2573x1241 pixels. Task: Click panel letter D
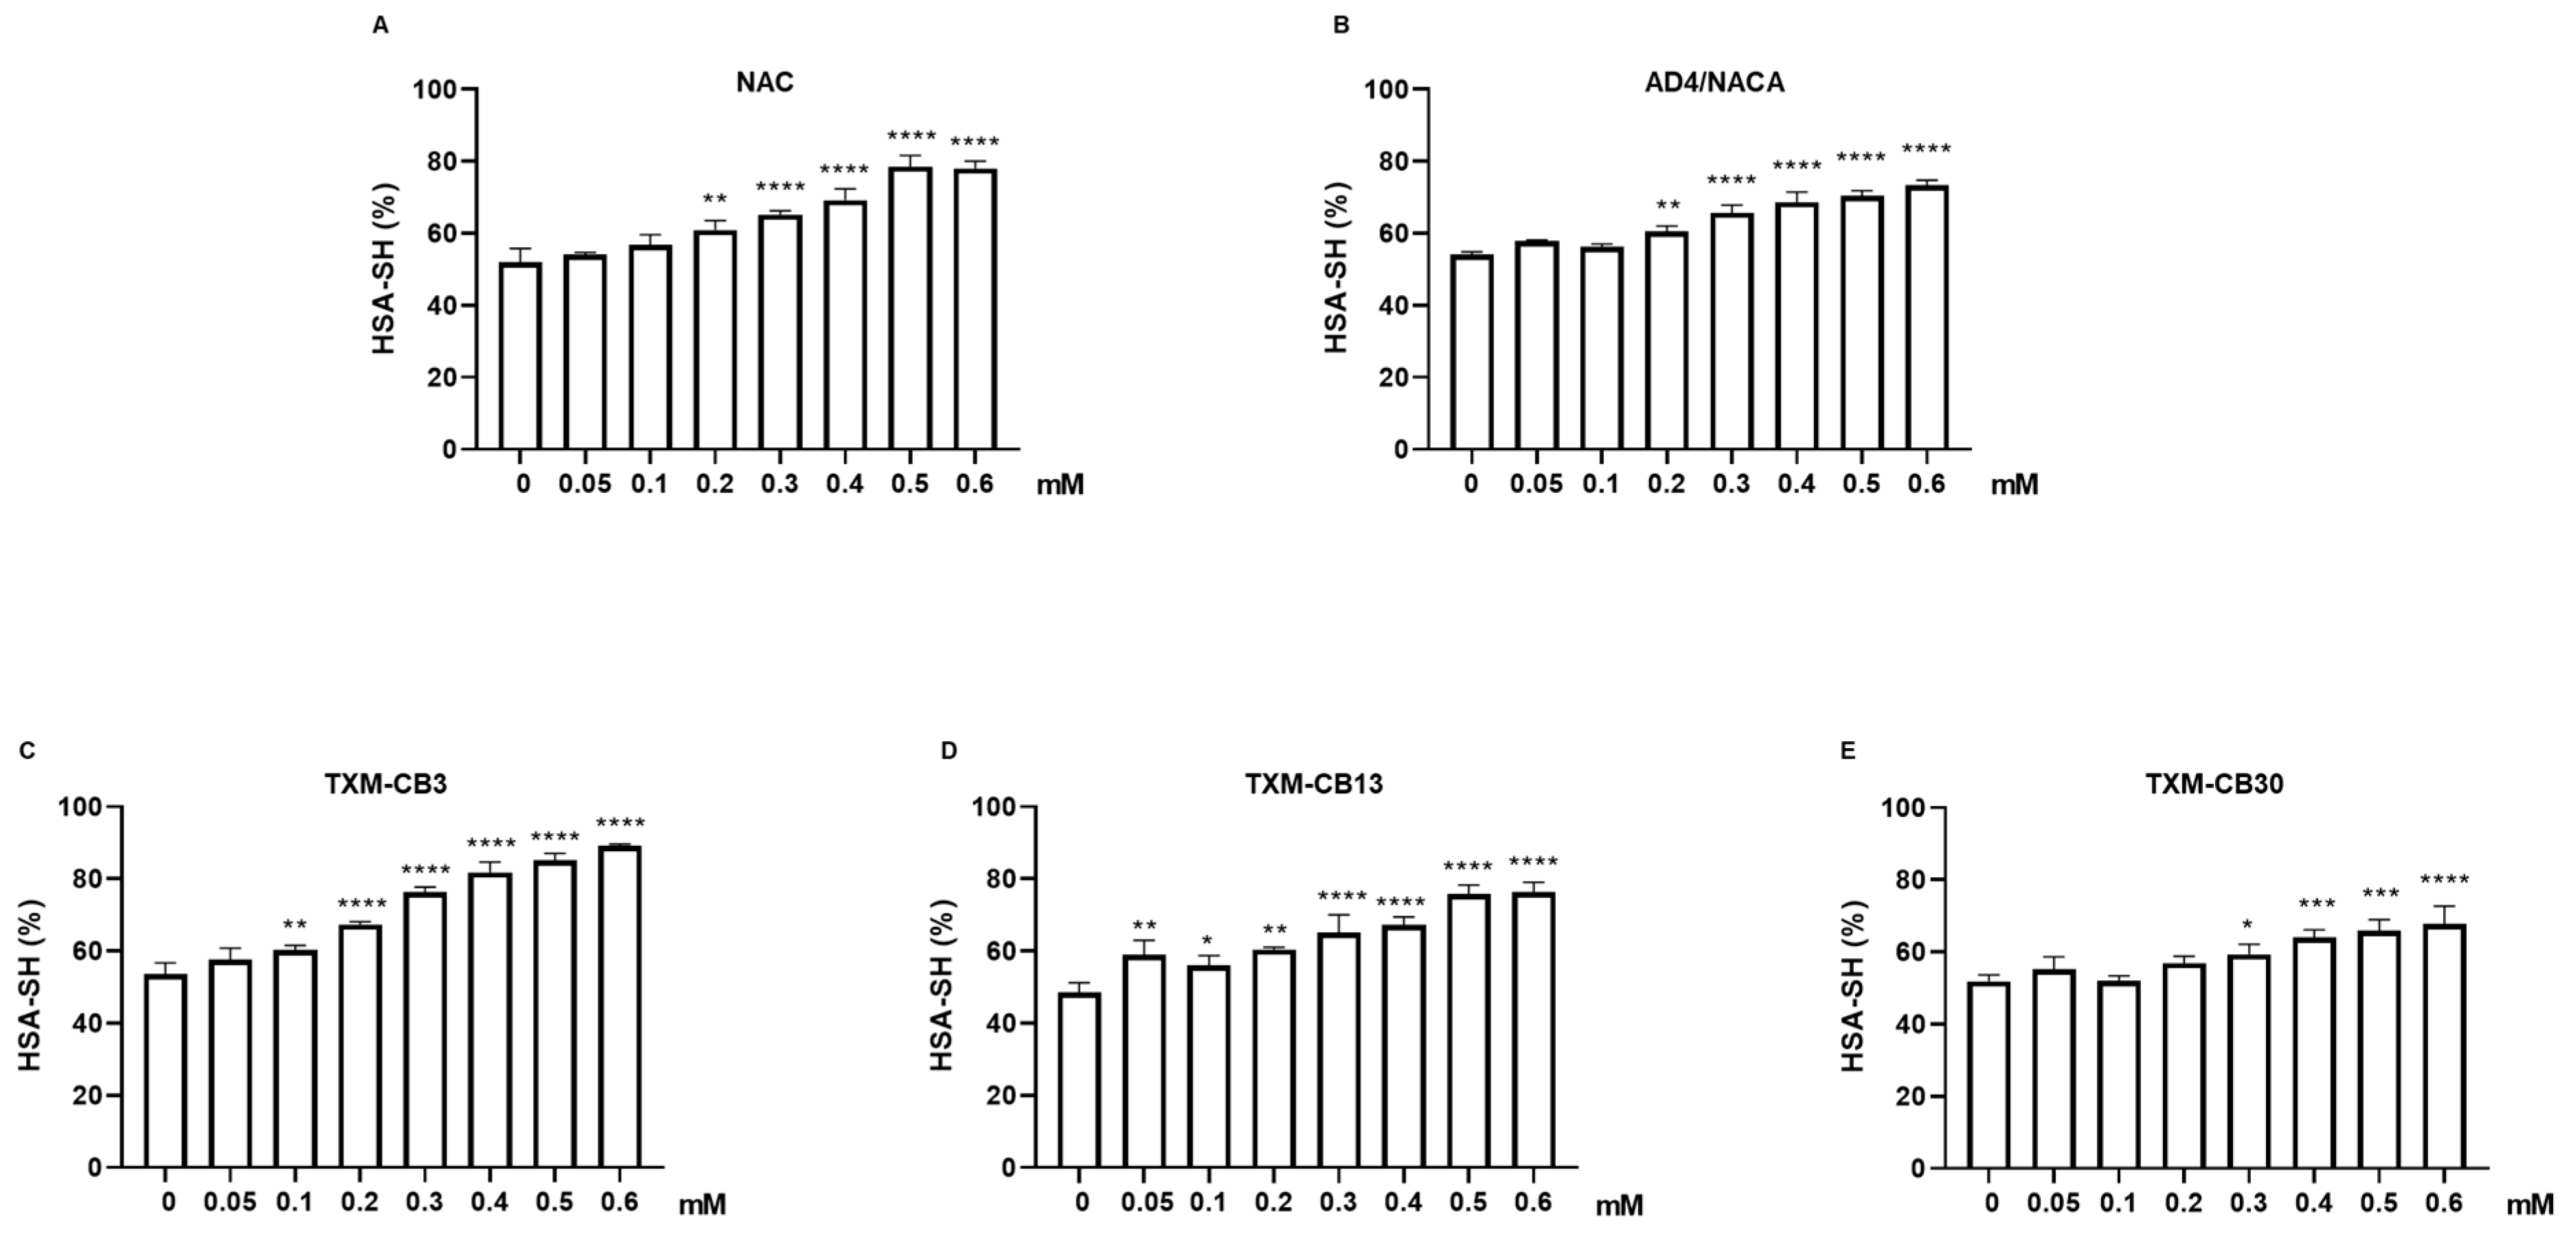949,751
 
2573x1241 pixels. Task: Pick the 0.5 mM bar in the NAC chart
910,310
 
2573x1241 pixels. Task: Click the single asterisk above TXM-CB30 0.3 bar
2247,925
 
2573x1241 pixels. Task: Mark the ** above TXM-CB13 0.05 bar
1145,925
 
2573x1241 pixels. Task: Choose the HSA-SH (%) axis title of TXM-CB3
32,986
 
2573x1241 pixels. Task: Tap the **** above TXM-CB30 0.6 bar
2443,881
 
